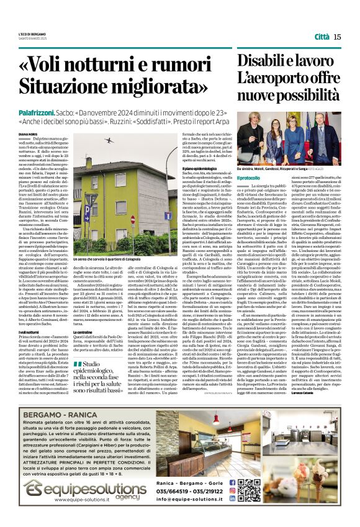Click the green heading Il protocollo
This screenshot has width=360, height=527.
[x=248, y=179]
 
